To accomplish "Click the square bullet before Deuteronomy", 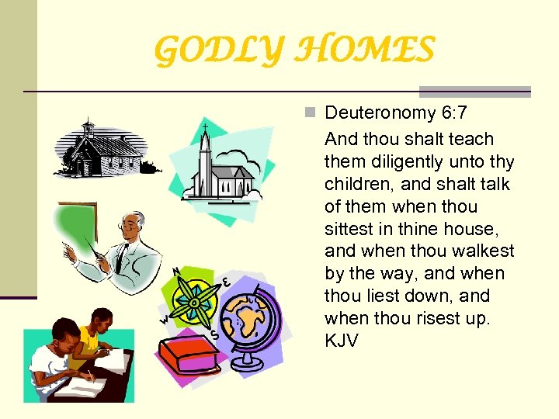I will coord(311,113).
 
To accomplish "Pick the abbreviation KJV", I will coord(342,341).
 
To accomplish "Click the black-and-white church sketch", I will coord(101,149).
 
